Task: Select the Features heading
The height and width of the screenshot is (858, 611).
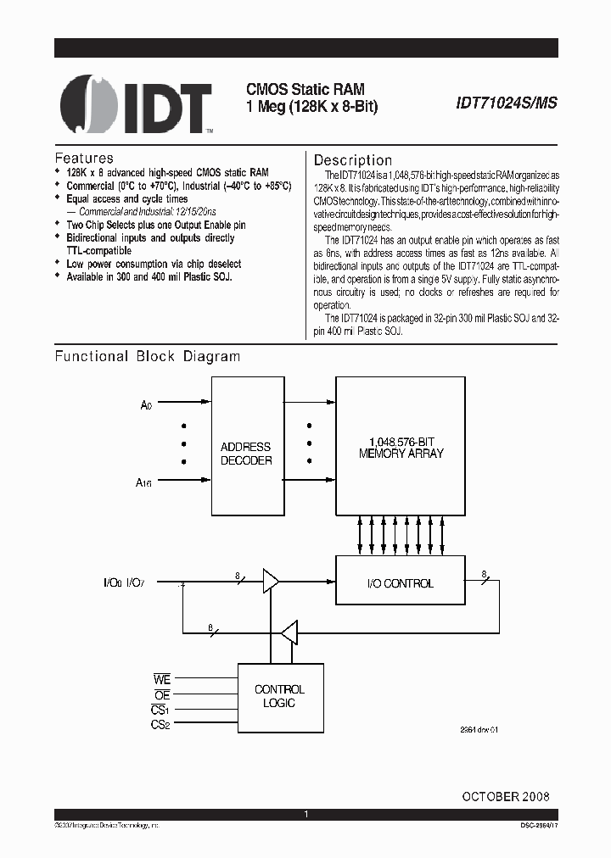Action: [x=84, y=159]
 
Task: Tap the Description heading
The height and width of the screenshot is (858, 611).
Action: [x=353, y=160]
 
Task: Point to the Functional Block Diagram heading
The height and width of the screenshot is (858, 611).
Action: [x=148, y=357]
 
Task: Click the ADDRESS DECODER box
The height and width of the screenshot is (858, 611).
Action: [x=246, y=454]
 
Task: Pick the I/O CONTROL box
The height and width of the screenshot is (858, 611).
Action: [x=401, y=583]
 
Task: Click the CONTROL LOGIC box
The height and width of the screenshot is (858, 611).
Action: [x=279, y=696]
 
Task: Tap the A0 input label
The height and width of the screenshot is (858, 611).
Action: [x=146, y=406]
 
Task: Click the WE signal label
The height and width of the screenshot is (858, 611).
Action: [x=161, y=680]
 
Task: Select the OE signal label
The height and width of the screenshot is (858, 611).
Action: [x=162, y=694]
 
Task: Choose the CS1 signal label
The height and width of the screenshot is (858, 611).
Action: [x=161, y=710]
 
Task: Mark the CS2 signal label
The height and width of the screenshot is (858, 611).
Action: [x=161, y=724]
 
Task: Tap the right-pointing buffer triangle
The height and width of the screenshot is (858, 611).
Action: [x=271, y=582]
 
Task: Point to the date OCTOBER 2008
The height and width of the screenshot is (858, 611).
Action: [x=506, y=796]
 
